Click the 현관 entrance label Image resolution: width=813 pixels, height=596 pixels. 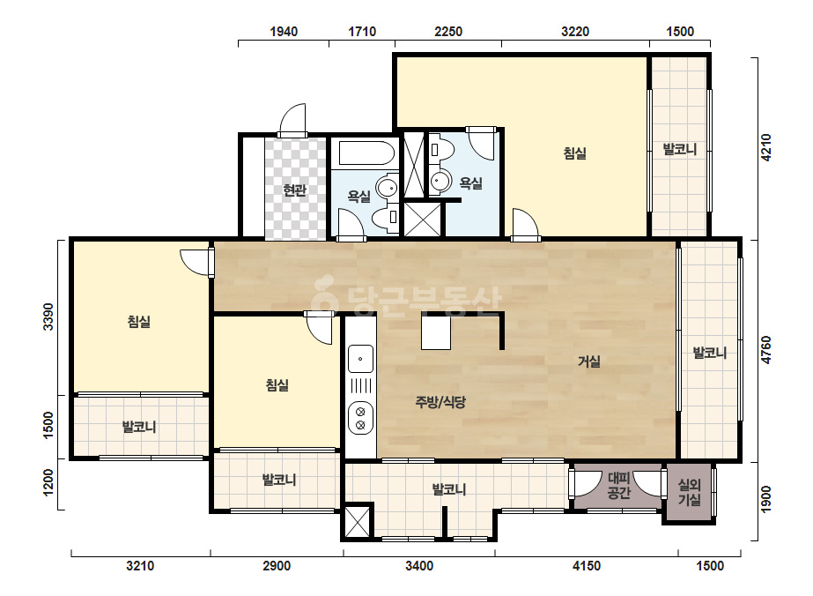294,190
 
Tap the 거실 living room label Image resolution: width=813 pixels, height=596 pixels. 589,361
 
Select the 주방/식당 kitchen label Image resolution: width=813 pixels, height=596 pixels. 440,402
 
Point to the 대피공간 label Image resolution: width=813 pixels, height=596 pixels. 618,486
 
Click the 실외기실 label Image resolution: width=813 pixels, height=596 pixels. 690,493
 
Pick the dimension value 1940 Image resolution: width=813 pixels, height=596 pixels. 284,32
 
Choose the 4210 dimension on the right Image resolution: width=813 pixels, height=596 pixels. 766,147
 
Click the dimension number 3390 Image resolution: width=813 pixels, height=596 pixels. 48,317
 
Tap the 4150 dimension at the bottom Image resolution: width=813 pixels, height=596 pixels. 587,565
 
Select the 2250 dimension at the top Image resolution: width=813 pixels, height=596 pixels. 448,32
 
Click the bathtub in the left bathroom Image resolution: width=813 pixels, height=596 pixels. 367,153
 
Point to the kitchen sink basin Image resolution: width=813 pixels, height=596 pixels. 360,359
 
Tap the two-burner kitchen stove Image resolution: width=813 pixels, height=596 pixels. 360,419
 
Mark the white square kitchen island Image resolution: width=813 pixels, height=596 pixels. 435,332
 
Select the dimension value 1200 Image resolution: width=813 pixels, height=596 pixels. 48,482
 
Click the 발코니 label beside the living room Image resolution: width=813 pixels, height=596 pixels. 710,353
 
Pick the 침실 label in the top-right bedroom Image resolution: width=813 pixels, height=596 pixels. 575,153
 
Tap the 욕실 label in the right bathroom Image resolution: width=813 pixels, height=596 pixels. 471,183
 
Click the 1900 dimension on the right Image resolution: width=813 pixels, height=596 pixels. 766,498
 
